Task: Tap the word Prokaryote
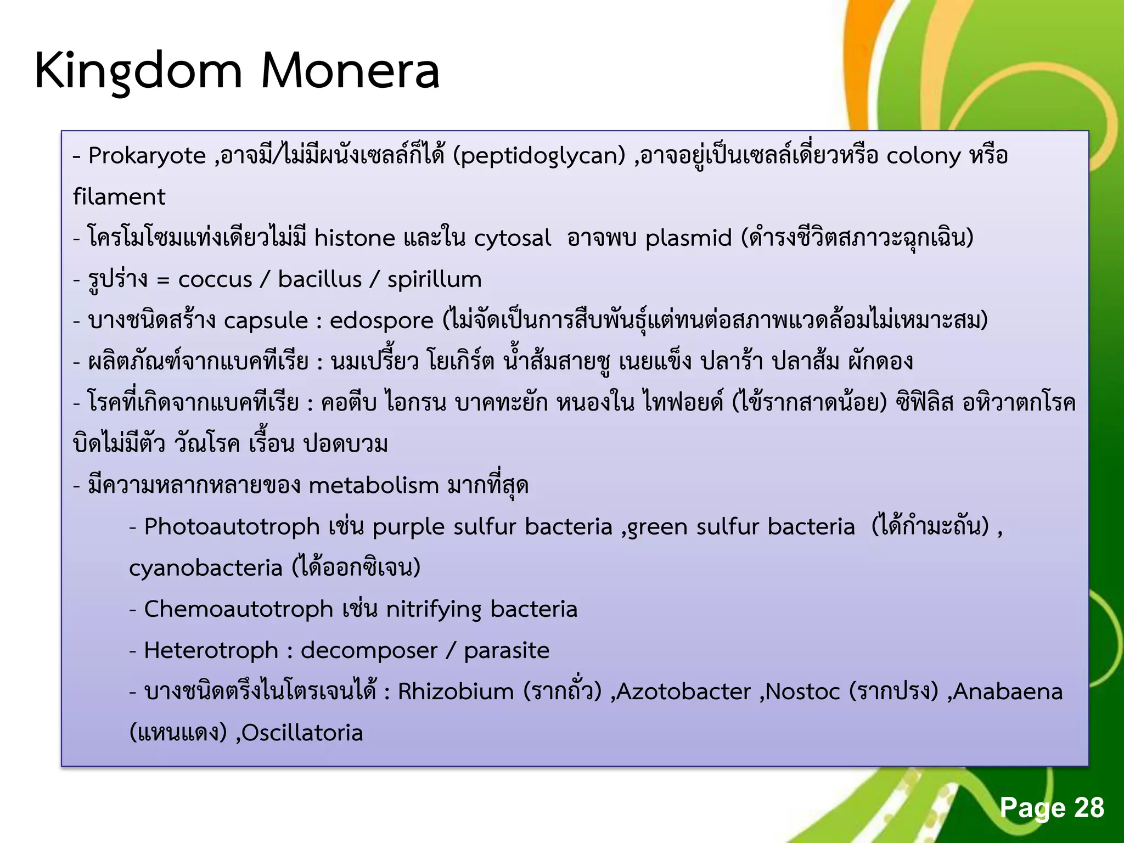click(x=147, y=156)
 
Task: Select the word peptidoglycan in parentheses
click(x=539, y=156)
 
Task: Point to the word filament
click(x=119, y=196)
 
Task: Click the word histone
click(x=355, y=238)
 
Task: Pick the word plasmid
click(x=688, y=238)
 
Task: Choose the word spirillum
click(x=434, y=279)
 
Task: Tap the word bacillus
click(x=319, y=279)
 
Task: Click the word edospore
click(x=381, y=321)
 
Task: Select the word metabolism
click(x=374, y=486)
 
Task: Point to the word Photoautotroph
click(x=232, y=527)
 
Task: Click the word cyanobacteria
click(x=205, y=568)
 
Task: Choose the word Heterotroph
click(x=211, y=651)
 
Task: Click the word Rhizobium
click(x=456, y=692)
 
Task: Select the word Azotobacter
click(x=683, y=692)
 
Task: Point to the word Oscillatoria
click(x=302, y=733)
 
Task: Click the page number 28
click(x=1088, y=807)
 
